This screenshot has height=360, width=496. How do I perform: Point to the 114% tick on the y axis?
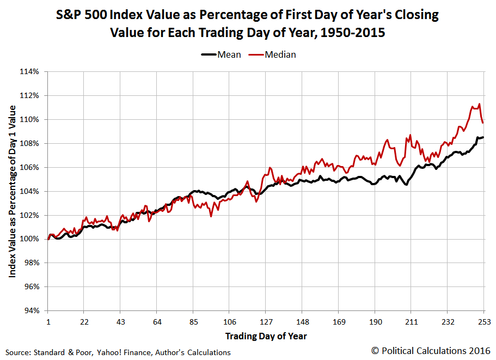click(30, 71)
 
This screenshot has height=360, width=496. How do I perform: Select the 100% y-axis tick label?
click(30, 239)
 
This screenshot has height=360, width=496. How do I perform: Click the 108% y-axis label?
click(30, 143)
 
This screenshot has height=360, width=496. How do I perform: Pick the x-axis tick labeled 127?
click(266, 321)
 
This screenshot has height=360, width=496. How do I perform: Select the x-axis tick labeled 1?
click(48, 321)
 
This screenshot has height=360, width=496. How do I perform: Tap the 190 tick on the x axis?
click(375, 321)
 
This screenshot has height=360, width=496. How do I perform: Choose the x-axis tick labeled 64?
click(157, 321)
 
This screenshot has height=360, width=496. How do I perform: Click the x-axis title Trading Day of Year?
click(266, 335)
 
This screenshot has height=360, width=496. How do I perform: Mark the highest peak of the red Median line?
click(479, 104)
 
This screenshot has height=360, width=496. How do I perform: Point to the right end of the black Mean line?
click(483, 137)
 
